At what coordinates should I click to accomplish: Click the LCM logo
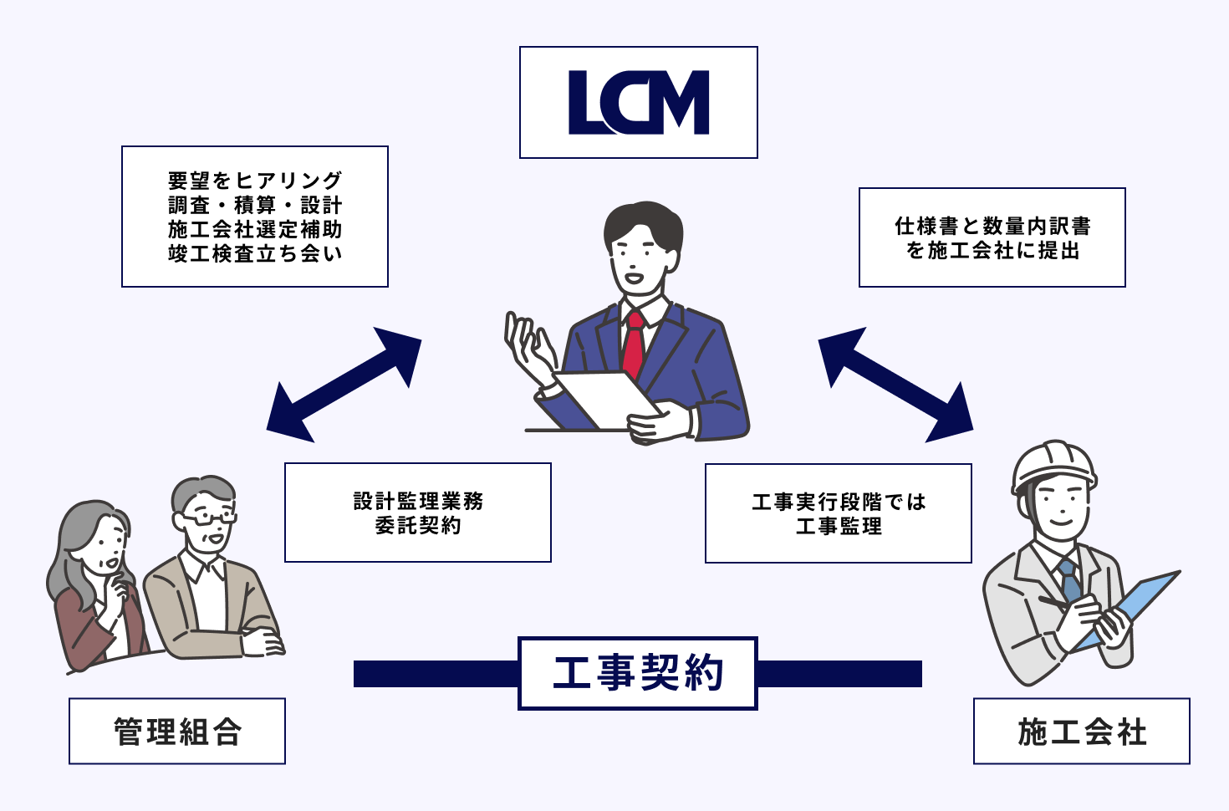[639, 103]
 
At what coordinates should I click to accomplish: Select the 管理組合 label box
[177, 732]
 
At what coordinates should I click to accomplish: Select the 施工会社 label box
[1082, 732]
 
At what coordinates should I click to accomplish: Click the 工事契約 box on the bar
[638, 673]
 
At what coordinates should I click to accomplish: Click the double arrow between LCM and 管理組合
[344, 385]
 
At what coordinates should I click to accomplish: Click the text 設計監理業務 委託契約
[418, 513]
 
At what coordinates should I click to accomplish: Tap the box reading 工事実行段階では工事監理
[839, 513]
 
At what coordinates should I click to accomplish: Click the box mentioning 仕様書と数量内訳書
[992, 237]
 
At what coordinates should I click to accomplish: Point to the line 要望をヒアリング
[255, 180]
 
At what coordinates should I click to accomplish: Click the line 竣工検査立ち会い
[255, 254]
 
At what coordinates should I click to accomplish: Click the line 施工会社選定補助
[255, 229]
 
